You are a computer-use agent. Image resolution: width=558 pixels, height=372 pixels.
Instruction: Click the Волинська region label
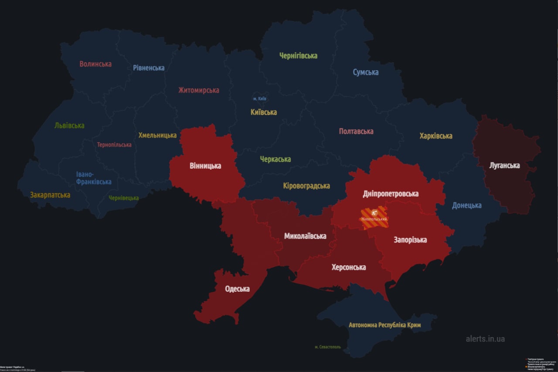pos(95,64)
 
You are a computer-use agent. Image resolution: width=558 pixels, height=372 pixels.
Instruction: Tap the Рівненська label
pos(149,68)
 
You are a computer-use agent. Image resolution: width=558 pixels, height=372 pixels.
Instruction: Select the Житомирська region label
pos(198,90)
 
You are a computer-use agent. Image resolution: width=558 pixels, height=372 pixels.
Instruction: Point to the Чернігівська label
pos(298,56)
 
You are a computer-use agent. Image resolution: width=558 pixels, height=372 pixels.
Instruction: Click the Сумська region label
pos(365,72)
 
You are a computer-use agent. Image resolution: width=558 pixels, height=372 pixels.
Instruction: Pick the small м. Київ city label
pos(260,99)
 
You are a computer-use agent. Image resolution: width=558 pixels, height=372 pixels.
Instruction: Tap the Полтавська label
pos(356,131)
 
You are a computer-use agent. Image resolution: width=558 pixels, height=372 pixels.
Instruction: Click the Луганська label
pos(504,166)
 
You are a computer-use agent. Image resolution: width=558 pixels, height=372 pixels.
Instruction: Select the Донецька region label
pos(466,205)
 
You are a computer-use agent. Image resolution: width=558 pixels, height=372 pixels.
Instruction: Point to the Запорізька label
pos(410,240)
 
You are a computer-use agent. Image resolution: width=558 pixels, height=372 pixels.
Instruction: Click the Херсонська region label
pos(348,267)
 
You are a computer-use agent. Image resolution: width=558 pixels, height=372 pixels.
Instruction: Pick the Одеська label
pos(237,289)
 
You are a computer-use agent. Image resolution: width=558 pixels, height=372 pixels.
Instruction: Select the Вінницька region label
pos(205,166)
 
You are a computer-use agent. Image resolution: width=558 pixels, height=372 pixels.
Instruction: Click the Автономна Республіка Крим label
pos(384,325)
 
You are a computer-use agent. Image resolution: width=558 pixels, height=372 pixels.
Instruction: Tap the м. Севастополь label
pos(327,347)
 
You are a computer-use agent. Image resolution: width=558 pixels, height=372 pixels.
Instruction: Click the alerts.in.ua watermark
pos(485,339)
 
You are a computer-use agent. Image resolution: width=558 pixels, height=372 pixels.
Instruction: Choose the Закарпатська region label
pos(50,195)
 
